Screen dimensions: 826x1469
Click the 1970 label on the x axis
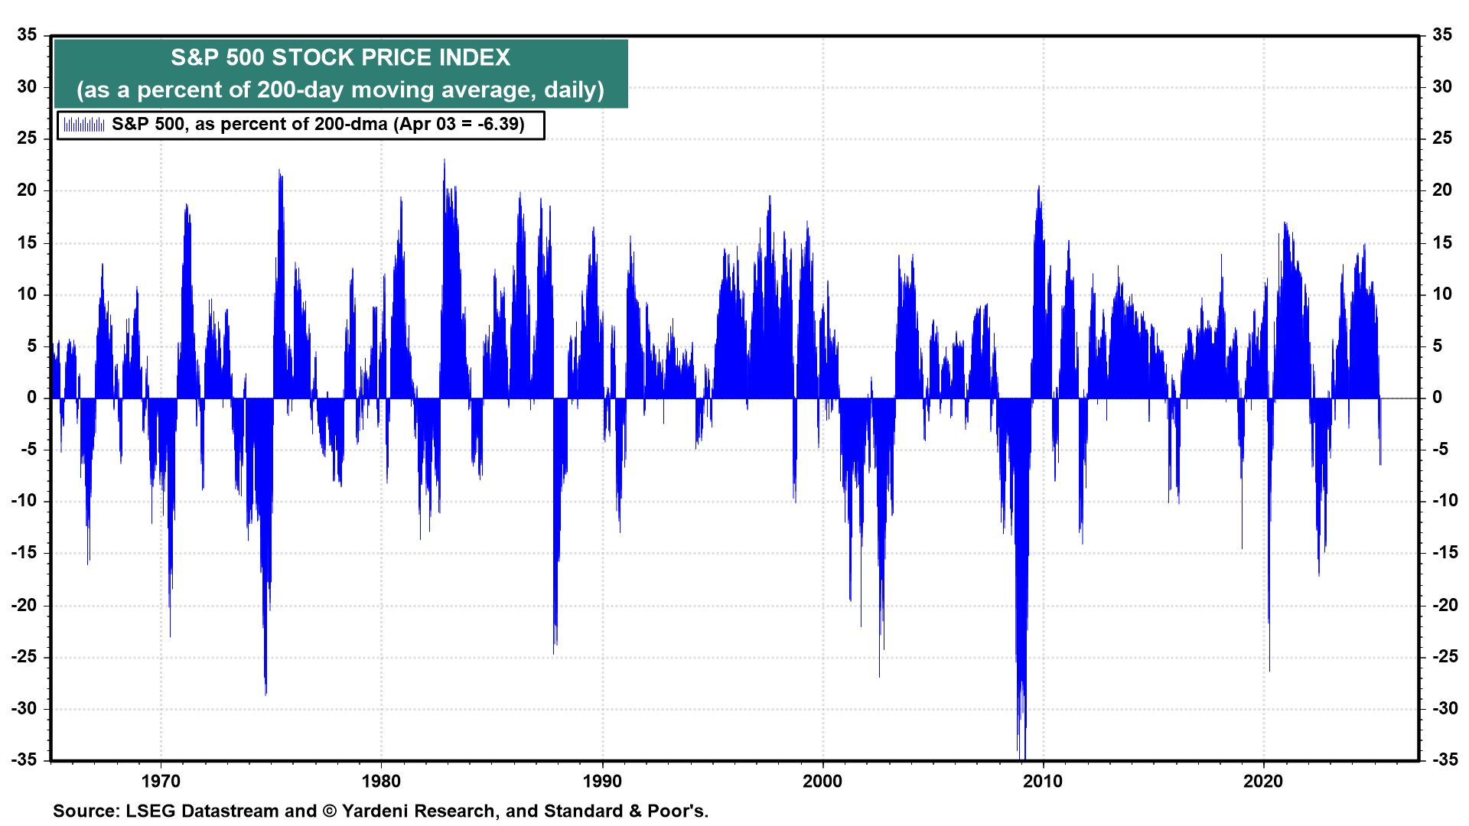click(161, 781)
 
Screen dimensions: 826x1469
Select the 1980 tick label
click(381, 781)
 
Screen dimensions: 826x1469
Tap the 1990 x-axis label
click(602, 781)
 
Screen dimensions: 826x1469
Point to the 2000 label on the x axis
click(822, 781)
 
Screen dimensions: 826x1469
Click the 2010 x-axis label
click(1043, 781)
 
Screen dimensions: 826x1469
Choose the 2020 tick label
click(1263, 781)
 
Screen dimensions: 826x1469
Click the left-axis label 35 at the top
click(28, 35)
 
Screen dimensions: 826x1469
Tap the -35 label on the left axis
click(24, 759)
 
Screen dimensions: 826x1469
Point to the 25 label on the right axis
click(1442, 138)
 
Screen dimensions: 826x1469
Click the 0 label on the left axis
click(32, 398)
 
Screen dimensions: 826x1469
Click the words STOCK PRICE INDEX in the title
click(391, 57)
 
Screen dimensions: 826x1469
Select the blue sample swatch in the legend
click(84, 125)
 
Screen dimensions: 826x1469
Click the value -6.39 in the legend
click(499, 125)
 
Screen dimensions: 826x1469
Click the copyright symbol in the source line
click(330, 811)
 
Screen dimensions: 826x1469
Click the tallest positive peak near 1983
click(445, 161)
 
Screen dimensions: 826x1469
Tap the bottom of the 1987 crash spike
click(554, 652)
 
